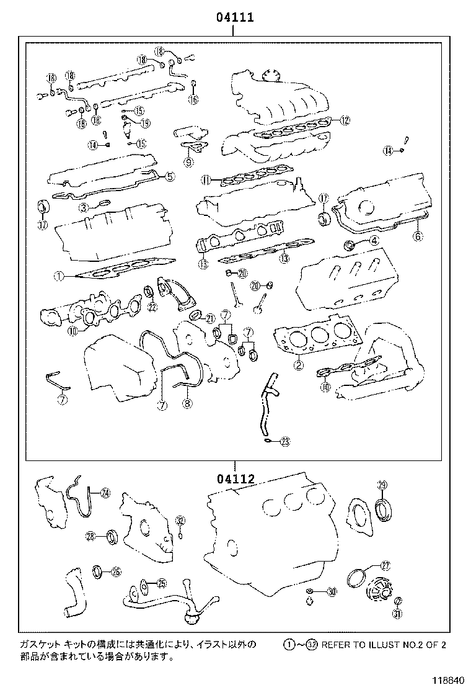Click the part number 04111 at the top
[x=235, y=18]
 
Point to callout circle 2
[x=298, y=365]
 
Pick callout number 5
[x=169, y=176]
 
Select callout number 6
[x=417, y=236]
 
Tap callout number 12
[x=345, y=120]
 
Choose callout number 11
[x=206, y=181]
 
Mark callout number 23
[x=284, y=442]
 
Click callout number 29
[x=382, y=485]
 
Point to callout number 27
[x=385, y=565]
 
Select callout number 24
[x=105, y=493]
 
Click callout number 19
[x=145, y=123]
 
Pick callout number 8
[x=187, y=403]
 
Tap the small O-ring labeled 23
[x=266, y=441]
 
